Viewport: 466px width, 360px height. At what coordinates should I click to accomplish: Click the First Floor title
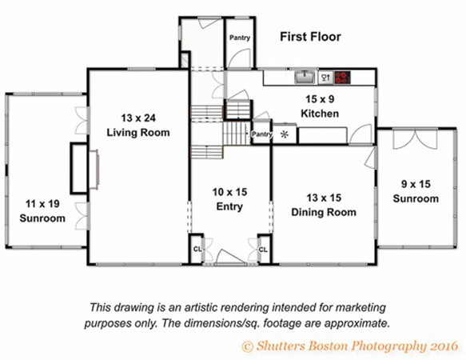[x=311, y=37]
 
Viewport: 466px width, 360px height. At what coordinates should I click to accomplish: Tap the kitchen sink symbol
[x=305, y=77]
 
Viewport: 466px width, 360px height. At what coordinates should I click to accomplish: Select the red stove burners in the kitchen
[x=342, y=78]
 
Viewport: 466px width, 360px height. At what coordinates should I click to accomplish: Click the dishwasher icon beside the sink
[x=326, y=78]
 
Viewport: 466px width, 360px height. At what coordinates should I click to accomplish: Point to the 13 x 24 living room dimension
[x=138, y=118]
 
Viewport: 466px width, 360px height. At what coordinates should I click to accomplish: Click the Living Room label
[x=138, y=132]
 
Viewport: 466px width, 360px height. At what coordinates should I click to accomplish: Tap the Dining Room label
[x=324, y=212]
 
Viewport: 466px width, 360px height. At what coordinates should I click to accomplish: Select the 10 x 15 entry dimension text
[x=229, y=192]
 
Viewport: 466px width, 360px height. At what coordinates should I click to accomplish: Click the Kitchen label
[x=320, y=114]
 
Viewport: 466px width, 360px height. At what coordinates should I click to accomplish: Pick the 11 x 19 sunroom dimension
[x=42, y=204]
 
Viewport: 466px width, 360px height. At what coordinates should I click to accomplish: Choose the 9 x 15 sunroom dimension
[x=416, y=184]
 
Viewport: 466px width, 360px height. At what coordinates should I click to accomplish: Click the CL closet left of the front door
[x=197, y=249]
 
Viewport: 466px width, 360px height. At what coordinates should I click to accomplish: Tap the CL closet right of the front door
[x=263, y=250]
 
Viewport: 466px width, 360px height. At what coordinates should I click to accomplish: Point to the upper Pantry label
[x=240, y=38]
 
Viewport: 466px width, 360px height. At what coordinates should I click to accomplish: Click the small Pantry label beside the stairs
[x=261, y=134]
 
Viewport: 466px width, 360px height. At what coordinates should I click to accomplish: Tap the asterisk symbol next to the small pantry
[x=285, y=134]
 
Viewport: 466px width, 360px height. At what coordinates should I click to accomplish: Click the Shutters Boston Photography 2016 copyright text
[x=350, y=346]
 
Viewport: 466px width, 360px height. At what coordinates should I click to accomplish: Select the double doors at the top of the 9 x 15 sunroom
[x=415, y=138]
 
